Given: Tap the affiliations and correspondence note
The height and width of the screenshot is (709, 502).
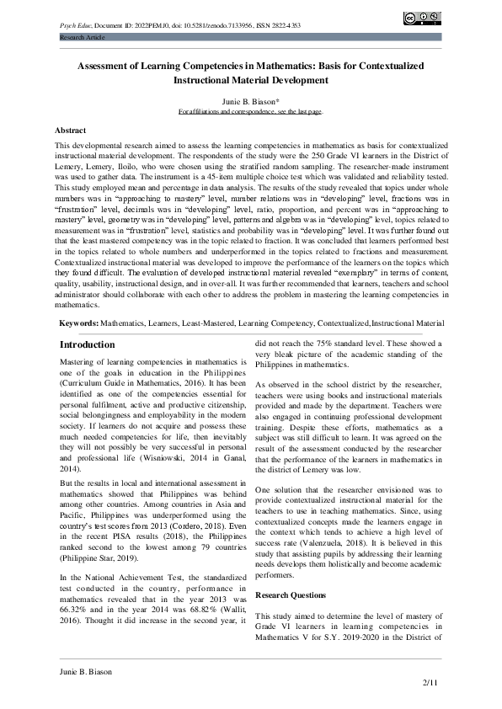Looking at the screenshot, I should [x=250, y=111].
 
